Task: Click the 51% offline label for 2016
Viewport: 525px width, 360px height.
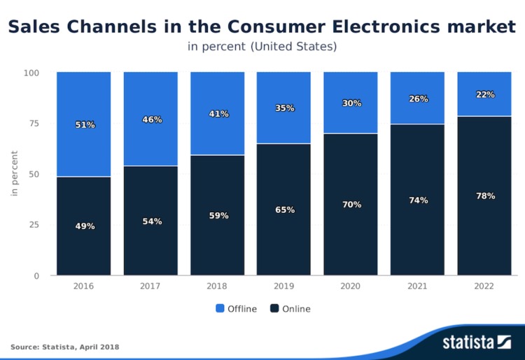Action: click(85, 125)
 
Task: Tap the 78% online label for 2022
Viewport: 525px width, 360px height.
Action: click(486, 196)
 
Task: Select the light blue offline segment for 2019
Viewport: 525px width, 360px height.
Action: click(283, 107)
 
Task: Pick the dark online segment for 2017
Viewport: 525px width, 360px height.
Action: click(150, 221)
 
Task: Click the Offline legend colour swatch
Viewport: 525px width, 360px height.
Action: click(220, 308)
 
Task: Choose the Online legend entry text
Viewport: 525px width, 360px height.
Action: click(296, 309)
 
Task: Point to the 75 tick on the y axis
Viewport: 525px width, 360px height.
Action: click(34, 123)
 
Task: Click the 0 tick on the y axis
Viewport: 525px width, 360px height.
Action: click(36, 276)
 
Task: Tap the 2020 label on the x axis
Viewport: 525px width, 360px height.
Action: click(350, 286)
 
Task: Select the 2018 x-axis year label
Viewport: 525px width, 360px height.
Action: click(216, 286)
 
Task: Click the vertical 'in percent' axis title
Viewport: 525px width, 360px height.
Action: click(14, 173)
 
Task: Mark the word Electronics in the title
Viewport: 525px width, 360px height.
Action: click(386, 27)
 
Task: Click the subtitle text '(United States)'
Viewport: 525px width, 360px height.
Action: click(293, 46)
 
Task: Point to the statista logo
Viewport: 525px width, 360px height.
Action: click(477, 342)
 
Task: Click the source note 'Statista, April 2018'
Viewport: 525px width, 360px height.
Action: click(80, 347)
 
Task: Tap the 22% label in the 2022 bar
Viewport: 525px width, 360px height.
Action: click(486, 95)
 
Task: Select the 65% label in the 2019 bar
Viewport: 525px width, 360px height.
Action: click(285, 210)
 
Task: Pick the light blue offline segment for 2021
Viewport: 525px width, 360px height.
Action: click(417, 98)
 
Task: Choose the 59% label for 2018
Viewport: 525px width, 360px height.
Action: click(219, 216)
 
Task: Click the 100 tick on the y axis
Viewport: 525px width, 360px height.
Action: click(31, 73)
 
